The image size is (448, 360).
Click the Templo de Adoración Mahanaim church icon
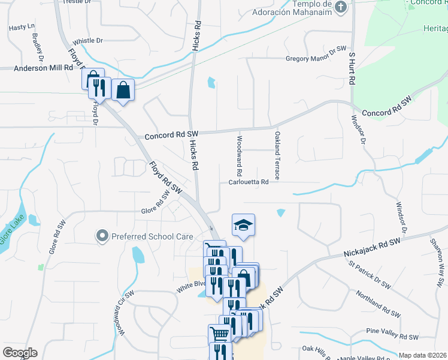pyautogui.click(x=341, y=7)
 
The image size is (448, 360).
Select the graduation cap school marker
pyautogui.click(x=243, y=225)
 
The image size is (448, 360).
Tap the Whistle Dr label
pyautogui.click(x=87, y=41)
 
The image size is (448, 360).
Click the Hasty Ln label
pyautogui.click(x=22, y=28)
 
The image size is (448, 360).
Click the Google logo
pyautogui.click(x=20, y=352)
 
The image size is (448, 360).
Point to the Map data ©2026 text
pyautogui.click(x=423, y=355)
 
